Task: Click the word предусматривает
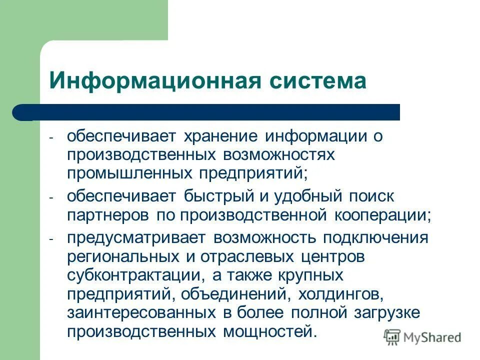(x=137, y=237)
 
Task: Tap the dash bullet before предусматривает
(x=51, y=239)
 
